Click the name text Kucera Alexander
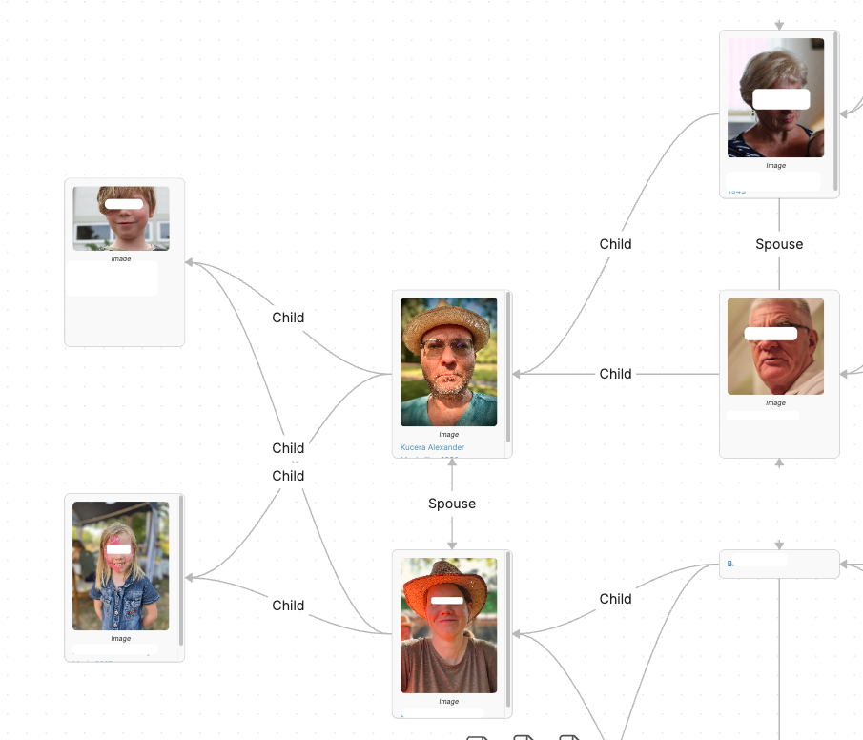tap(432, 447)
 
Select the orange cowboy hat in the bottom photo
tap(448, 582)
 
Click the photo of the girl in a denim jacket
tap(120, 565)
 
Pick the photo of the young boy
tap(121, 218)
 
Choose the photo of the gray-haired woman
tap(775, 97)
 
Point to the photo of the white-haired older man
tap(775, 346)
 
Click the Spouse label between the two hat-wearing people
tap(452, 504)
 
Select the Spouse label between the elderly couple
tap(779, 244)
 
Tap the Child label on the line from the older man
tap(615, 374)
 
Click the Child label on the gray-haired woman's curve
tap(615, 244)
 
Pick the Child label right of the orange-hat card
tap(615, 599)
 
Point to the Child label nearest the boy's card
tap(288, 318)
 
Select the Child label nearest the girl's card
tap(288, 606)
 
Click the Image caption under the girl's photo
tap(120, 639)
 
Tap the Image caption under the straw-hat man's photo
tap(448, 435)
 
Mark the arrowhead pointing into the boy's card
tap(190, 262)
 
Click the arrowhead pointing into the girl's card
tap(190, 577)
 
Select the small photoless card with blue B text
tap(779, 564)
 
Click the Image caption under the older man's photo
tap(775, 403)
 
